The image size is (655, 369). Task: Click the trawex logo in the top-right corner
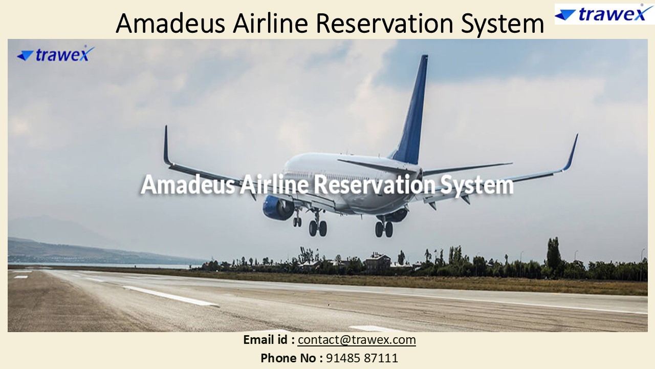click(x=600, y=13)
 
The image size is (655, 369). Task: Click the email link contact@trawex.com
click(x=357, y=340)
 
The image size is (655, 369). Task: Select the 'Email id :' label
click(x=269, y=340)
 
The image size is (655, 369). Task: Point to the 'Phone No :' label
click(x=291, y=358)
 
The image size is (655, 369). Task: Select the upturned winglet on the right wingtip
click(x=571, y=152)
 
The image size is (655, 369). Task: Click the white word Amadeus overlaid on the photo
click(x=187, y=184)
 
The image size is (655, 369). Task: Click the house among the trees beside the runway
click(x=377, y=262)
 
